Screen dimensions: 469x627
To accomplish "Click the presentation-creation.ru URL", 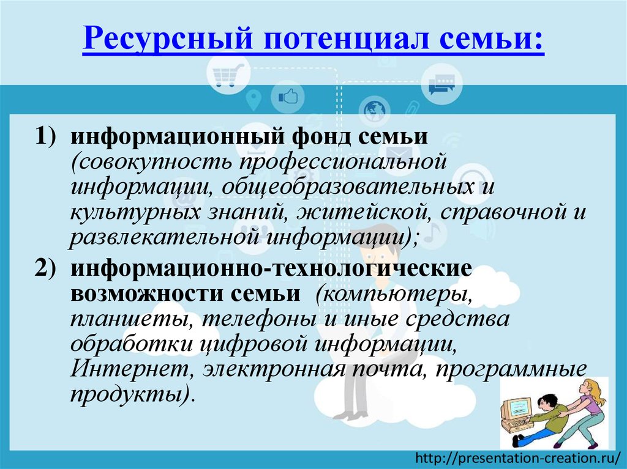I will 520,457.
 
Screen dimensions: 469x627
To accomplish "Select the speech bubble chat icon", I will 441,84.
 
